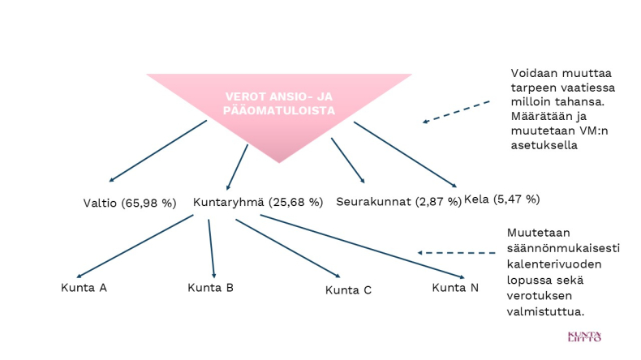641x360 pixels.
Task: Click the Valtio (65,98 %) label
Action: [130, 203]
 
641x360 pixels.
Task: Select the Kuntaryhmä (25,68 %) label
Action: [258, 202]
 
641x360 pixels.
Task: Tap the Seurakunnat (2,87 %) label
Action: [398, 202]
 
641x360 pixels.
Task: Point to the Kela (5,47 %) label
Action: [502, 199]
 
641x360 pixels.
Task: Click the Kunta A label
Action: [84, 288]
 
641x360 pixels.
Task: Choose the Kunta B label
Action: [210, 288]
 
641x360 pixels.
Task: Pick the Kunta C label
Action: [348, 290]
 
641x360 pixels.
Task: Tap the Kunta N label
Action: [455, 288]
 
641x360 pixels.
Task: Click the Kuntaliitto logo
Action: [584, 336]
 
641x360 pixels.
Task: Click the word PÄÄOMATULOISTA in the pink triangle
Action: [279, 110]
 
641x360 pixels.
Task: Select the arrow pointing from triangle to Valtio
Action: [157, 151]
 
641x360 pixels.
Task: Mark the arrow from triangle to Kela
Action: [405, 155]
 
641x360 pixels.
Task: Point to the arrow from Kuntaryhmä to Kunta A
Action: [135, 246]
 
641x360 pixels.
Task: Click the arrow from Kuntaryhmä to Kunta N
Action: [362, 246]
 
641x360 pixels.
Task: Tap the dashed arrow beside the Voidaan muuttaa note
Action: [456, 112]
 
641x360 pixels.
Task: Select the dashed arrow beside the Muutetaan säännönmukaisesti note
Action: [456, 253]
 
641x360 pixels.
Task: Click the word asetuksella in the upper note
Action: [544, 145]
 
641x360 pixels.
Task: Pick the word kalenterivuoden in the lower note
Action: [554, 264]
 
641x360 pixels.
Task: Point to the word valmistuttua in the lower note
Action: [545, 312]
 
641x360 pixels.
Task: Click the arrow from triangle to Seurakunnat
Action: [348, 161]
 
